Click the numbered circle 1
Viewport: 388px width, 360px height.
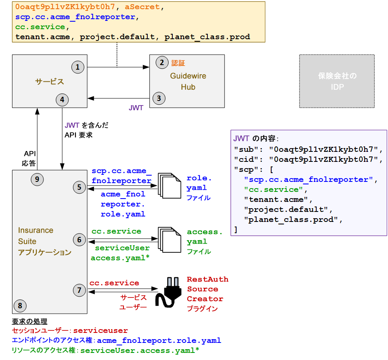tap(78, 67)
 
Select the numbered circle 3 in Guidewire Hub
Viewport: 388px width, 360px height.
tap(159, 98)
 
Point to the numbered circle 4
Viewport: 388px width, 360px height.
tap(62, 100)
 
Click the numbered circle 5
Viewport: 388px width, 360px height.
tap(79, 187)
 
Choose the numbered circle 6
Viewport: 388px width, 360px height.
tap(79, 239)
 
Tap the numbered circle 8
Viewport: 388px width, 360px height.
tap(20, 306)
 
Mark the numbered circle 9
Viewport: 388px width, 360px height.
tap(37, 179)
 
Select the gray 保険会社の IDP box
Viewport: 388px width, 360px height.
tap(337, 81)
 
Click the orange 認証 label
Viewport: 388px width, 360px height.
tap(178, 63)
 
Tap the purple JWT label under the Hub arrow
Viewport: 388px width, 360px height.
tap(136, 108)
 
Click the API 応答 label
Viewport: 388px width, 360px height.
tap(30, 158)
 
